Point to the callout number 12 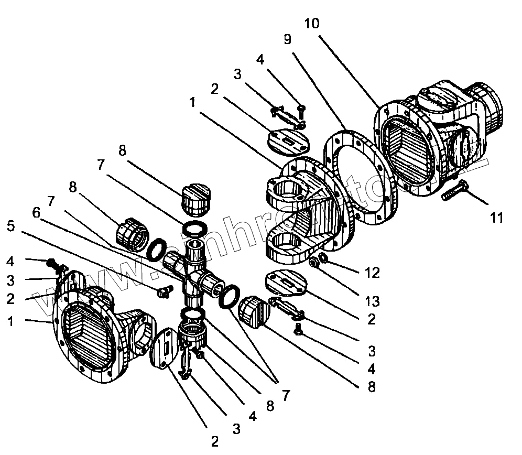[373, 273]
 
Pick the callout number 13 [373, 301]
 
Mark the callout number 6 [36, 212]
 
